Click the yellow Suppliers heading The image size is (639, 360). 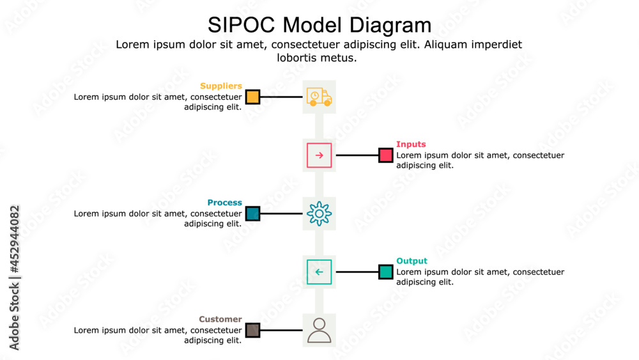(220, 86)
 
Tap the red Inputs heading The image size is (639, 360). (411, 145)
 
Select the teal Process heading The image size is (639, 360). (224, 203)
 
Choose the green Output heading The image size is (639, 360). (412, 261)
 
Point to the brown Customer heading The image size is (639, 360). (220, 319)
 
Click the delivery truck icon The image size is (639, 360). (319, 97)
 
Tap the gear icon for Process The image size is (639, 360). (319, 214)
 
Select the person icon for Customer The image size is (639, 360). (319, 330)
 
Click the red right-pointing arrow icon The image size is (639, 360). (319, 155)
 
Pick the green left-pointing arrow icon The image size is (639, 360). (319, 272)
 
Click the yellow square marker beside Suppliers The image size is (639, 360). (252, 97)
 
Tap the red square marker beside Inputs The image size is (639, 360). (385, 155)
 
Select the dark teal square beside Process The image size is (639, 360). (252, 214)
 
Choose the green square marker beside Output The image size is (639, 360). (385, 272)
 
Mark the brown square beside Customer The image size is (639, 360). (252, 330)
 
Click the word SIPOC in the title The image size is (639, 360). (242, 25)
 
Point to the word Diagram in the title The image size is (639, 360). (390, 25)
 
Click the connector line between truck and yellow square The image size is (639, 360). (281, 97)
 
